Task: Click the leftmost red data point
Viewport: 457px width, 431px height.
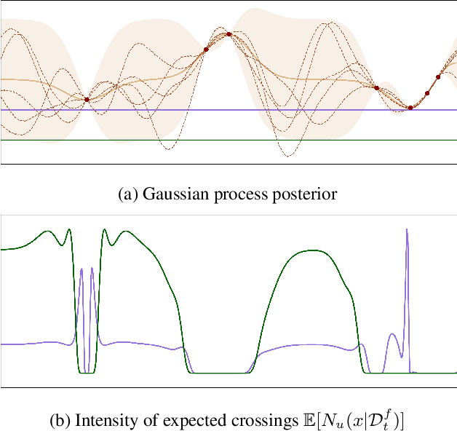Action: pos(87,99)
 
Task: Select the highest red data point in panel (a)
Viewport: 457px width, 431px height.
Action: pos(228,34)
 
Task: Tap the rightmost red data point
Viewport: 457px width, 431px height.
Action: pos(438,76)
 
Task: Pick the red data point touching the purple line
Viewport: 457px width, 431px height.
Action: pos(410,108)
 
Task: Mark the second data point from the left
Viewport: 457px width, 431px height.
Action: pos(206,50)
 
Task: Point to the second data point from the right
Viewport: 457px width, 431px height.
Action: pos(427,93)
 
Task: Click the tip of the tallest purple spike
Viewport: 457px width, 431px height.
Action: pos(407,230)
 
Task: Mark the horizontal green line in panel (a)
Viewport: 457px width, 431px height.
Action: pos(218,139)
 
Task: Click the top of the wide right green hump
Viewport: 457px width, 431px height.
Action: pos(314,251)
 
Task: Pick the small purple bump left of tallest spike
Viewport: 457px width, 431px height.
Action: pos(392,334)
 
